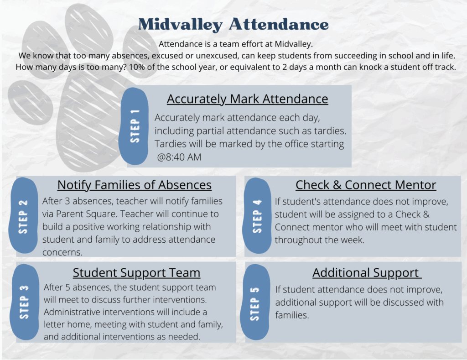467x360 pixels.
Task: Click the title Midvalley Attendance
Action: (233, 25)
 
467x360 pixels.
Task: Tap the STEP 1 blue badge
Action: (134, 126)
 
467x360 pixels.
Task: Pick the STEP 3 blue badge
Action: (24, 302)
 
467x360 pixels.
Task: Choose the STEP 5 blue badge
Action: (256, 303)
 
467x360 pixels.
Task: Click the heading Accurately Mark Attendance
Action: (247, 99)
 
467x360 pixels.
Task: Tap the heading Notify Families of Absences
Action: (135, 185)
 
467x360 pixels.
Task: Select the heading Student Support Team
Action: (136, 273)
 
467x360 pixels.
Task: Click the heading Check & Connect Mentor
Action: (366, 185)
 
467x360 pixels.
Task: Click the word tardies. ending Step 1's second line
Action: (327, 131)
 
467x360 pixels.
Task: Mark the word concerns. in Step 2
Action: (62, 252)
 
